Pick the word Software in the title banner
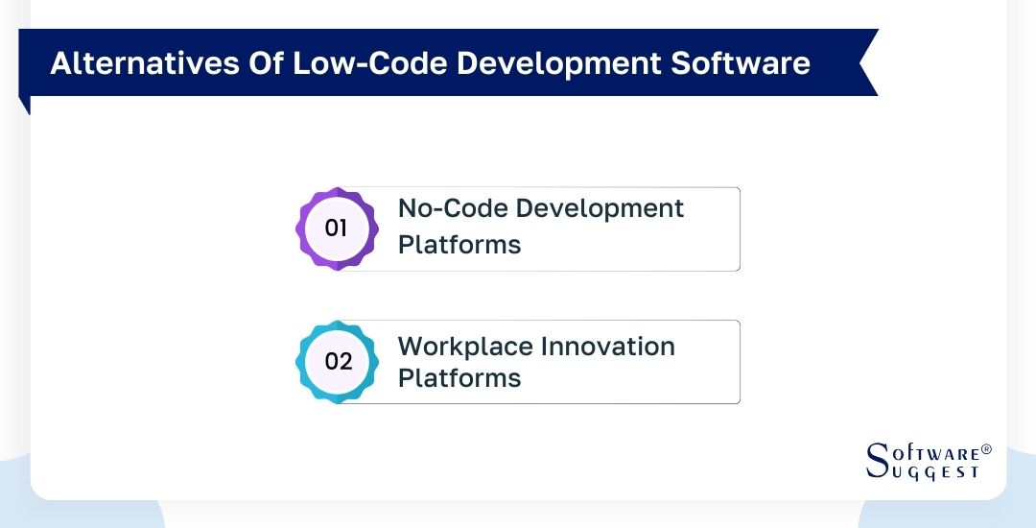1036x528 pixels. click(x=741, y=63)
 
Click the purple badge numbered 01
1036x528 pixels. click(x=336, y=228)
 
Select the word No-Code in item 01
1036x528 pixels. click(x=447, y=209)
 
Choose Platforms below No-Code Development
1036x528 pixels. click(x=459, y=245)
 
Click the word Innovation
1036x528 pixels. click(x=609, y=347)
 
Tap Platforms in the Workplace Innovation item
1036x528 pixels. click(x=459, y=378)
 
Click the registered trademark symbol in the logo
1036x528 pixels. click(x=986, y=449)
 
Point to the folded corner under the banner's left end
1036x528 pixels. click(x=24, y=105)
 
